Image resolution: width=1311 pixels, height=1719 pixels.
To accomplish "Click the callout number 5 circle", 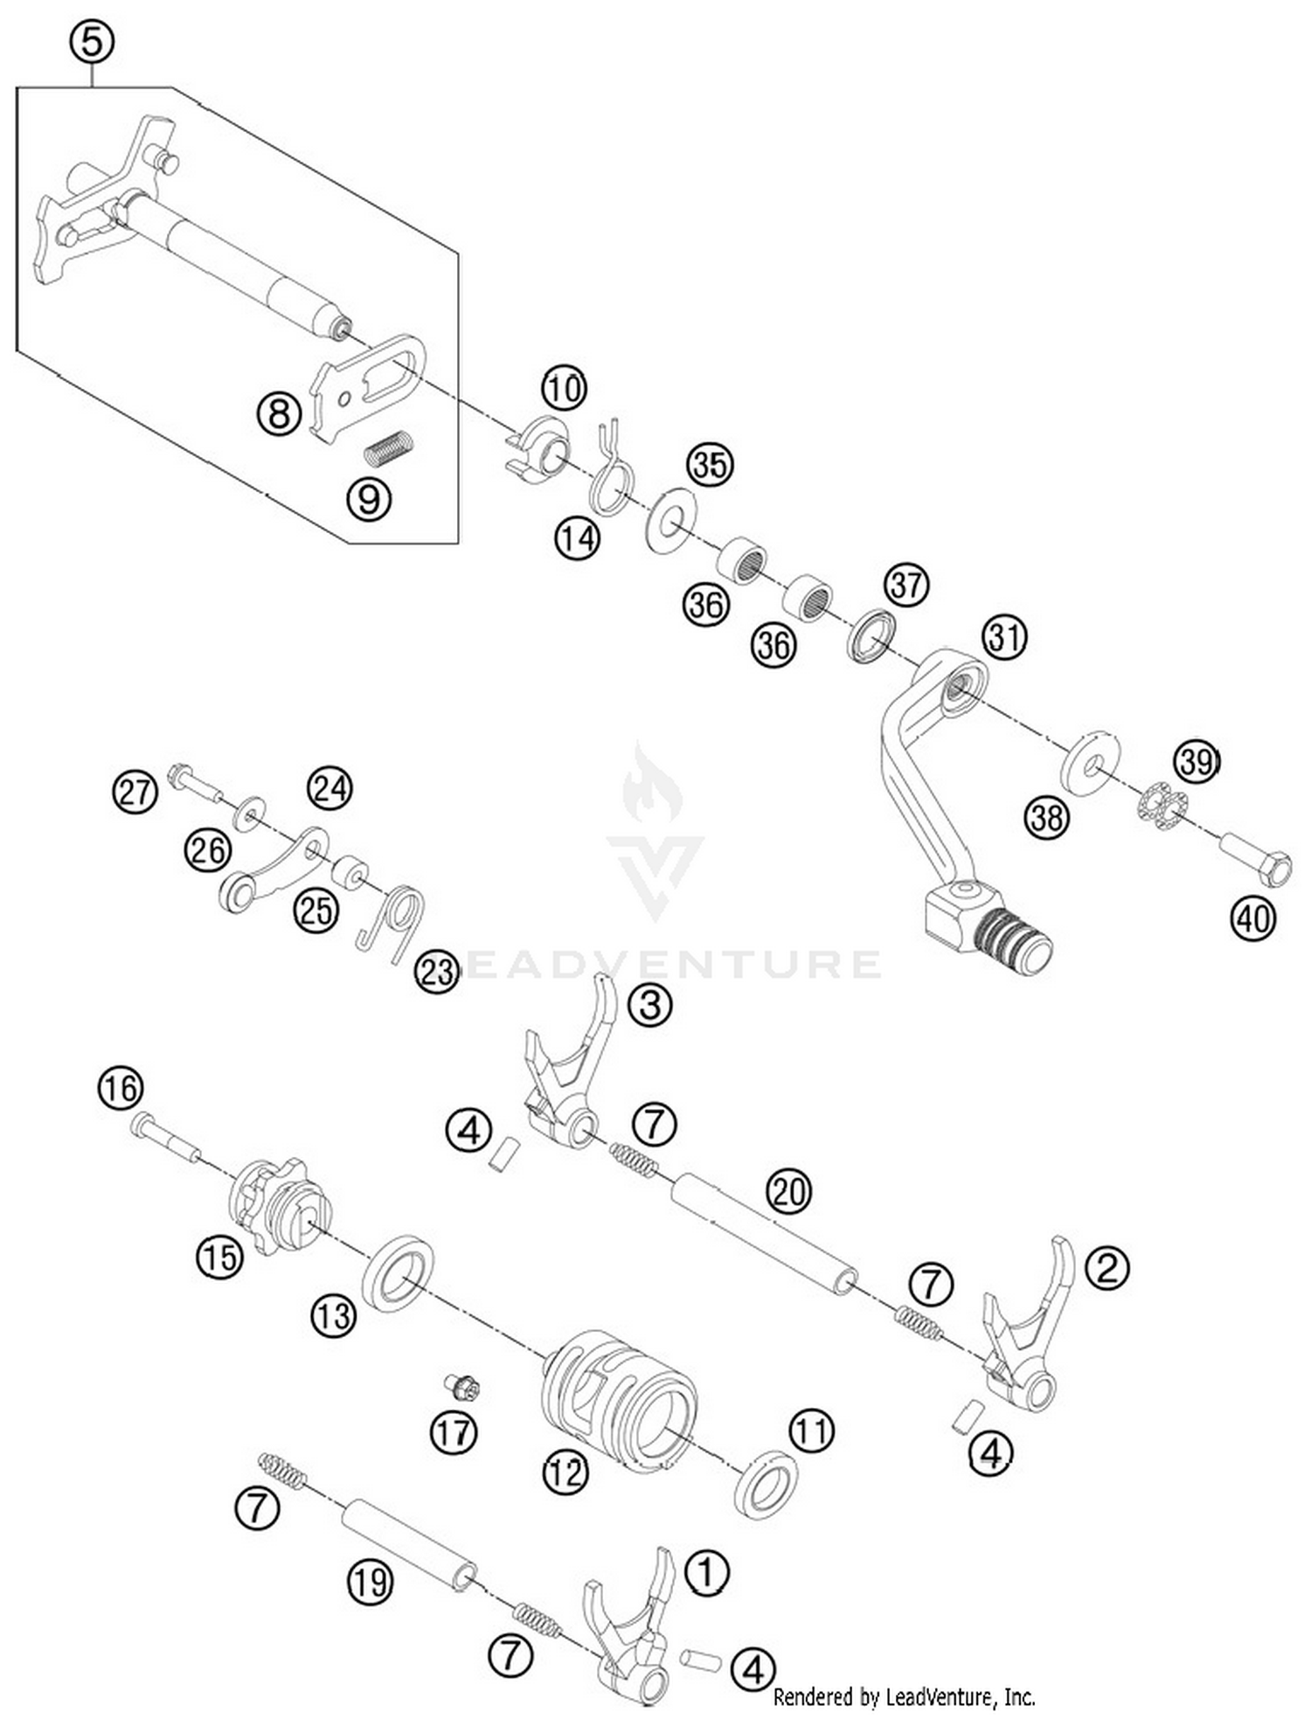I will (92, 41).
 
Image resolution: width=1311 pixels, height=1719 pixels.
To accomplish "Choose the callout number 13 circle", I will (334, 1315).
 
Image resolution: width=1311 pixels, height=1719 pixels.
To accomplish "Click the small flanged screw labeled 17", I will (461, 1386).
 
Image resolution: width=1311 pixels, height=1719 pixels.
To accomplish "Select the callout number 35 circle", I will (710, 464).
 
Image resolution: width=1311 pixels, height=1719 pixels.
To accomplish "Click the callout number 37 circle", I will (906, 584).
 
